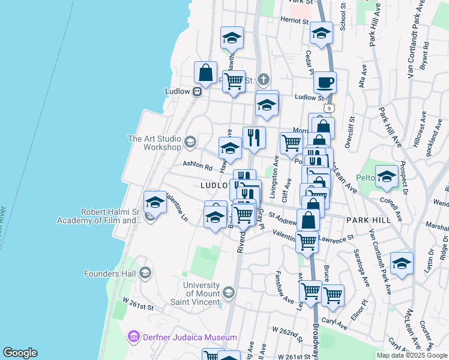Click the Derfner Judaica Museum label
click(x=173, y=335)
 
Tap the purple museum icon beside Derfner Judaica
click(x=133, y=335)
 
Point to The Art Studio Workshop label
click(x=154, y=143)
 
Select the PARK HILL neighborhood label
click(x=369, y=220)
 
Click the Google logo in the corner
click(x=19, y=352)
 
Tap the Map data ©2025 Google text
click(x=411, y=355)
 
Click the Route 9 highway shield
click(x=329, y=107)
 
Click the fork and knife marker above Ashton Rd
click(x=254, y=137)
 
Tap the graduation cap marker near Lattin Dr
click(x=402, y=262)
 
